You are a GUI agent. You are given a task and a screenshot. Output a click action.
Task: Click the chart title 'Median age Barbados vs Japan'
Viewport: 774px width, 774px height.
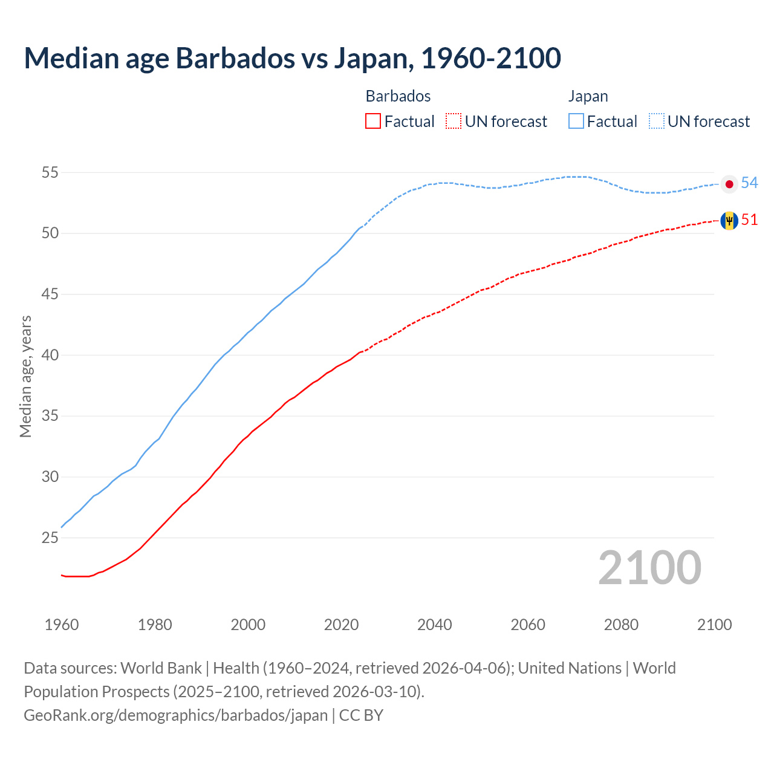click(x=292, y=58)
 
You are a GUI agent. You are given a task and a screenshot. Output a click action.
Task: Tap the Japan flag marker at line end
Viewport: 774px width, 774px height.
click(x=729, y=184)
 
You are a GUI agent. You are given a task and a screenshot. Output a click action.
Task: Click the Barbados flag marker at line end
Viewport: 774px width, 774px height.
click(x=729, y=221)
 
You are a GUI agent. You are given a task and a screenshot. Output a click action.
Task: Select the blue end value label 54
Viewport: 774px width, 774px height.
click(x=749, y=183)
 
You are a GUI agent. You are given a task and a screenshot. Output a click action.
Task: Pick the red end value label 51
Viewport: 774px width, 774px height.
click(x=749, y=220)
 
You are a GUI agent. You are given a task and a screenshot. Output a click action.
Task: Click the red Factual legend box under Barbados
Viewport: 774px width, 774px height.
click(x=373, y=122)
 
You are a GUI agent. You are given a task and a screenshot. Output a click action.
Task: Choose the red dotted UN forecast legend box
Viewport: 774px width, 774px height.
click(x=454, y=122)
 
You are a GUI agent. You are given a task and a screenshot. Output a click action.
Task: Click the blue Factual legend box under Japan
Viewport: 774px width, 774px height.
click(x=576, y=122)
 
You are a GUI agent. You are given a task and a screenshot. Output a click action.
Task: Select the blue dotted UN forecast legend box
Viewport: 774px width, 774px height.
click(x=657, y=122)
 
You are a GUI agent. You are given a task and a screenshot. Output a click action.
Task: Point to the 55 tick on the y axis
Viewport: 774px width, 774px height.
click(x=50, y=172)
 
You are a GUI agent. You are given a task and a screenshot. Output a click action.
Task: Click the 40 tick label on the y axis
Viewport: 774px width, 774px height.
click(x=50, y=355)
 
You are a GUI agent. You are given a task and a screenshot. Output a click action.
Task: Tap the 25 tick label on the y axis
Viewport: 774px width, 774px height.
click(x=50, y=538)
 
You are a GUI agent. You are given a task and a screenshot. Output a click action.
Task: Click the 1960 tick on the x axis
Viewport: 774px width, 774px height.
click(x=62, y=625)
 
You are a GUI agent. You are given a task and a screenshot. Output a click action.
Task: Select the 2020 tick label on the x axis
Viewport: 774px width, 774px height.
click(x=341, y=625)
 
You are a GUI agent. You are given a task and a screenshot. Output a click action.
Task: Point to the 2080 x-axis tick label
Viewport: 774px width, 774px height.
click(x=621, y=625)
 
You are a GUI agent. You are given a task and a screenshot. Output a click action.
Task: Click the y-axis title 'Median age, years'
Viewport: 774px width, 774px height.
click(x=25, y=376)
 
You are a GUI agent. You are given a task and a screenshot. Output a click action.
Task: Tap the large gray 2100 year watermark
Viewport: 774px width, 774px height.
click(x=649, y=568)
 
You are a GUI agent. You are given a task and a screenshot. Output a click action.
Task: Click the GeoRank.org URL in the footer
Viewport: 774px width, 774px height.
click(x=175, y=715)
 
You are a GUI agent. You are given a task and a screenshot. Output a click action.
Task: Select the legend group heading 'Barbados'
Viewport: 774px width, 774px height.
click(x=398, y=96)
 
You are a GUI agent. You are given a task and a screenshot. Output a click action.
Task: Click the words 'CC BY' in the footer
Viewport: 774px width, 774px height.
click(x=361, y=715)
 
